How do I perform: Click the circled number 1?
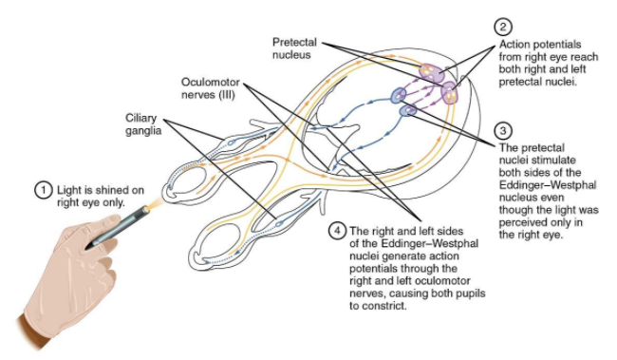[44, 190]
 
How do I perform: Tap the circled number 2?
[502, 27]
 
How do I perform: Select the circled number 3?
[502, 130]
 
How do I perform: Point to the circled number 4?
[337, 231]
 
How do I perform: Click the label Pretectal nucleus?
[294, 48]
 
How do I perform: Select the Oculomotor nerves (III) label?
[210, 88]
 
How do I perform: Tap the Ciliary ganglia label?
[143, 124]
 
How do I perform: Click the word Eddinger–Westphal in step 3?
[548, 184]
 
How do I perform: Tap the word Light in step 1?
[68, 190]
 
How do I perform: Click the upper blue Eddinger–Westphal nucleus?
[399, 95]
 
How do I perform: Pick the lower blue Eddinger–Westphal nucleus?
[407, 110]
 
